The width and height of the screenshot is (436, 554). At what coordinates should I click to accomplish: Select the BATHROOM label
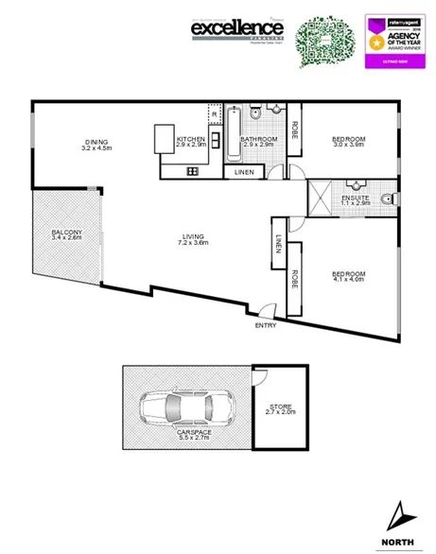(257, 139)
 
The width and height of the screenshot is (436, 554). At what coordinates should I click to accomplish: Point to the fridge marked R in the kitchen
(215, 113)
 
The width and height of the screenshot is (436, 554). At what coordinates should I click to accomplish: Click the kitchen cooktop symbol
(192, 171)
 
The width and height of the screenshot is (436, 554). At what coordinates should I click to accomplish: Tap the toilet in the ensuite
(390, 199)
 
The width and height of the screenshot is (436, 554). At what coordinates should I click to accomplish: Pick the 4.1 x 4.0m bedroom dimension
(348, 280)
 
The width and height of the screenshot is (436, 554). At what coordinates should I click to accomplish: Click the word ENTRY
(266, 326)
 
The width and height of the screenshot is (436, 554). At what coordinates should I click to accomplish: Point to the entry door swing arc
(268, 311)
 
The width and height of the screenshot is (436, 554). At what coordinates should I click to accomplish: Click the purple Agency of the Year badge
(392, 41)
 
